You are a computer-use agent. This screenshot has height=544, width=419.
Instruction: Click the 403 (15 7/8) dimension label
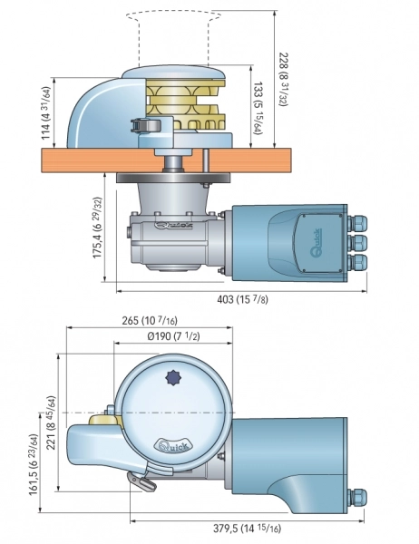243,299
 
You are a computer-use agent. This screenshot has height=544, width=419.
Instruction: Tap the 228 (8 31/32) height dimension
285,80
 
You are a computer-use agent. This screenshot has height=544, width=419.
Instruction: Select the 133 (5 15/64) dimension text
258,108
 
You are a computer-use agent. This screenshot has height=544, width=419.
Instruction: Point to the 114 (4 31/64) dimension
46,113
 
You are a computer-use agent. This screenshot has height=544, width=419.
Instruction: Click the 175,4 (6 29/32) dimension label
98,228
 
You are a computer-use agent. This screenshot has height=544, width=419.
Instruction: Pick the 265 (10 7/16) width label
150,320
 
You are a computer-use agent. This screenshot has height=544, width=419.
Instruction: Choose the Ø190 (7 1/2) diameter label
173,335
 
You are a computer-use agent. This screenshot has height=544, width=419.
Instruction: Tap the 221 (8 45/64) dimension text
52,423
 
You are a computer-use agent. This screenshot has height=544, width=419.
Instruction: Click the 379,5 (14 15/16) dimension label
247,528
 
